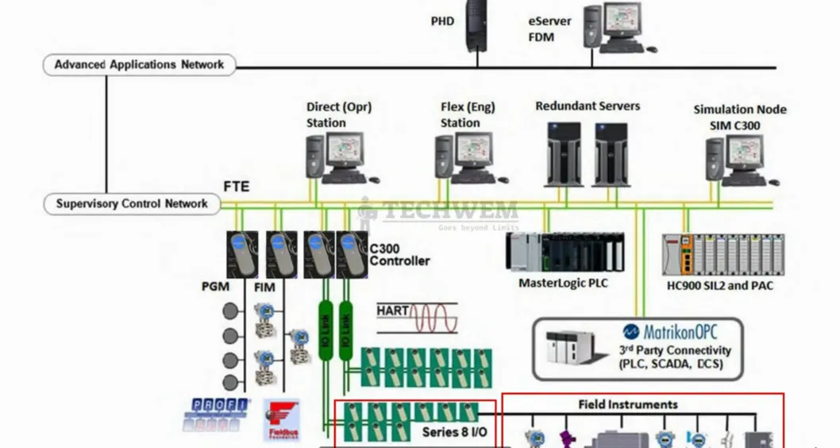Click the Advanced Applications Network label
pos(139,65)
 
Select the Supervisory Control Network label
pos(132,204)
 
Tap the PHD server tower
pos(476,24)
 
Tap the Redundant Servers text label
pos(588,106)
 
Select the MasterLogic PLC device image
pos(565,252)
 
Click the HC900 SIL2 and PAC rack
pos(723,255)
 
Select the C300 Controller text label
pos(399,254)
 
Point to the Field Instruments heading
pos(627,404)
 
